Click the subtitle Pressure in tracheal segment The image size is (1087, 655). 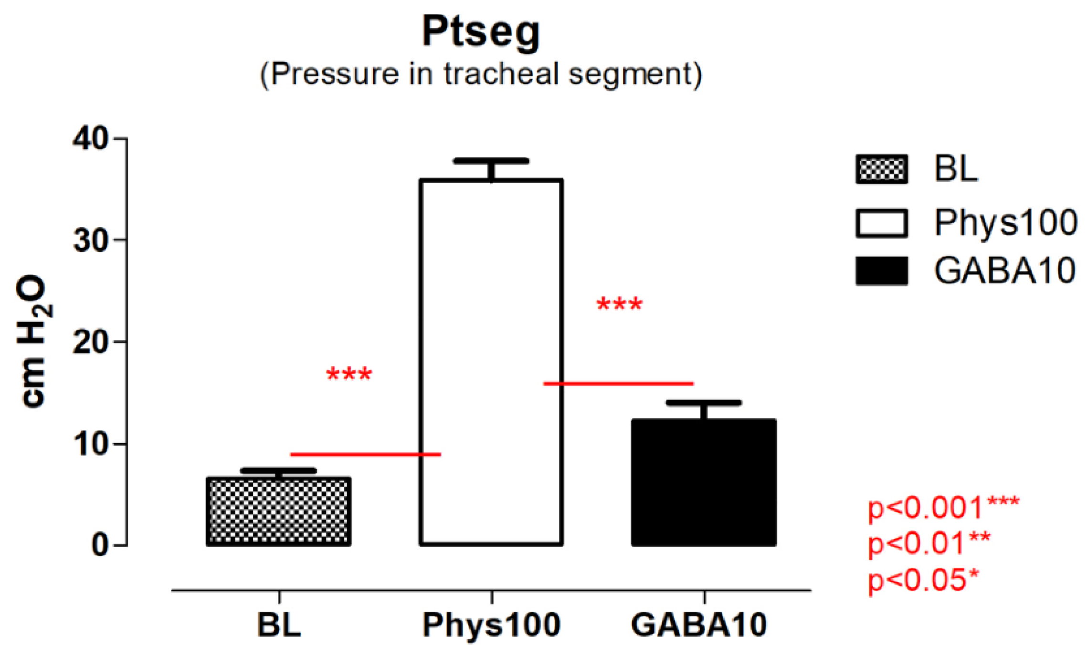(x=481, y=74)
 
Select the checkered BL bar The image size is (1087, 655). (x=279, y=511)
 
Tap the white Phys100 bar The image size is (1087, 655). (x=491, y=363)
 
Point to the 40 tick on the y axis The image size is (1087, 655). (x=91, y=139)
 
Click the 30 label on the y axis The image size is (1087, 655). (x=91, y=240)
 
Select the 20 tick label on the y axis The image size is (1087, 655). (x=91, y=342)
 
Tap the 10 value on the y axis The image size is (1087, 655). (x=91, y=444)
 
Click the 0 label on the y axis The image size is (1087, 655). (x=100, y=545)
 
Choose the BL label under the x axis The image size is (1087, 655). (x=279, y=624)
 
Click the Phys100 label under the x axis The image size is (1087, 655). (x=491, y=624)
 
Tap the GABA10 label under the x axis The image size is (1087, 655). (x=699, y=624)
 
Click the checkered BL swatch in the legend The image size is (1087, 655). (x=881, y=169)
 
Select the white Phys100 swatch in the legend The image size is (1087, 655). (x=881, y=223)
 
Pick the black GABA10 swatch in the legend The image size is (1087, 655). (x=881, y=271)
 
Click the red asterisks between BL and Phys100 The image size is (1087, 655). (x=349, y=374)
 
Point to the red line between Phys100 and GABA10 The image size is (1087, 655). (x=619, y=383)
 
